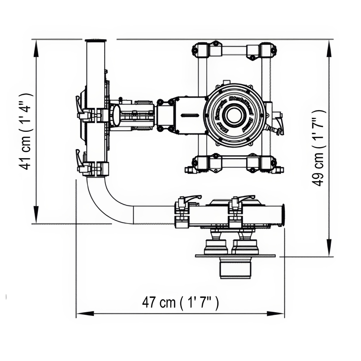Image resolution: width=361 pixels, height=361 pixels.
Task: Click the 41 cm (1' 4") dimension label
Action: coord(27,131)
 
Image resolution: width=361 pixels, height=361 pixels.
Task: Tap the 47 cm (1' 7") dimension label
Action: coord(180,303)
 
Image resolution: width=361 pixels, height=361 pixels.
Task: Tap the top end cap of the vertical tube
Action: coord(96,40)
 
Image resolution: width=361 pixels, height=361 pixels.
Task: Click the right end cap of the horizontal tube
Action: coord(282,215)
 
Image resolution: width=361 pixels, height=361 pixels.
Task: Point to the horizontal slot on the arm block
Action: coord(189,115)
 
